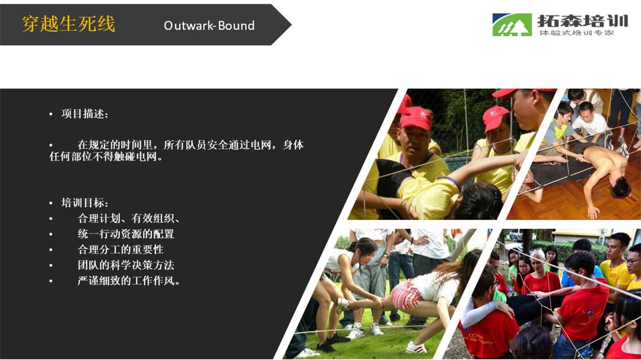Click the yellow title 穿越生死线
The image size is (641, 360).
pos(68,24)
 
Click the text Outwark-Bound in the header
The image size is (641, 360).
pos(209,26)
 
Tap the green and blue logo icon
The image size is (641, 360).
pos(512,24)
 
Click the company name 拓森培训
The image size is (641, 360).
pos(582,20)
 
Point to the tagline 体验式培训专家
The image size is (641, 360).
pos(576,33)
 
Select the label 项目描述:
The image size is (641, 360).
pos(85,114)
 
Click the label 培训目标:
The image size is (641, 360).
pos(85,203)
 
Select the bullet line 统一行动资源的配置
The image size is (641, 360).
pos(126,234)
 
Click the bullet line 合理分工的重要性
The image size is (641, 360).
pos(120,250)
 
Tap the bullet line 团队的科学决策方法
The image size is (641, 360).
pos(126,265)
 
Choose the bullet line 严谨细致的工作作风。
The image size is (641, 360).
pos(129,281)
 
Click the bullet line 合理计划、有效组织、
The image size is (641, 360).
pos(129,219)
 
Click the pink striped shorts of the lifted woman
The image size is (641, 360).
pos(407,294)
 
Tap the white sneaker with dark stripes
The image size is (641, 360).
pos(415,348)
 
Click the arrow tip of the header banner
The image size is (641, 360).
pos(291,25)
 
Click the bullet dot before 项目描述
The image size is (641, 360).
pos(50,114)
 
